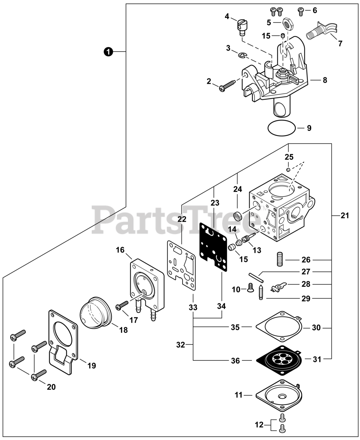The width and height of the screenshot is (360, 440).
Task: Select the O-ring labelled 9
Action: [x=282, y=128]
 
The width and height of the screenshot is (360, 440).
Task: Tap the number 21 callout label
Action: [x=345, y=216]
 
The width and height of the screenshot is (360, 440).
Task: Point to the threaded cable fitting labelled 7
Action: [x=324, y=30]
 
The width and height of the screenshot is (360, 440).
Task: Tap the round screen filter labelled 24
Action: [x=237, y=217]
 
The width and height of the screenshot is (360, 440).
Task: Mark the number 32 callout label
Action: [x=181, y=344]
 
